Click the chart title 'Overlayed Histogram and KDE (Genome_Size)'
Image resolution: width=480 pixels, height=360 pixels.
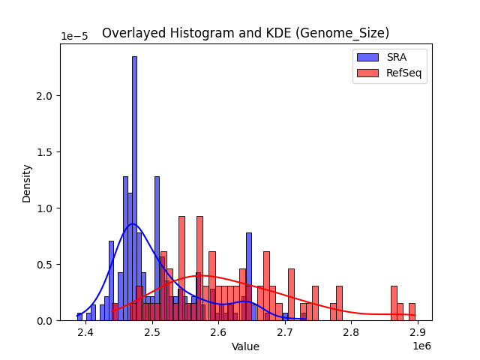click(245, 33)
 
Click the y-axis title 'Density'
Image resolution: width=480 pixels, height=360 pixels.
click(27, 182)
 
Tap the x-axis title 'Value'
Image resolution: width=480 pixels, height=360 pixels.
click(245, 347)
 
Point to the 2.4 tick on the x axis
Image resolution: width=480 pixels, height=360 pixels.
click(85, 332)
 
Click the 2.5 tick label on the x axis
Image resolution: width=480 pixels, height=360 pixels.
click(152, 332)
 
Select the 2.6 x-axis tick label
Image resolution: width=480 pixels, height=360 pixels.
click(218, 332)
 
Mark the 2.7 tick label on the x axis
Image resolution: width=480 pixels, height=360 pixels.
click(285, 332)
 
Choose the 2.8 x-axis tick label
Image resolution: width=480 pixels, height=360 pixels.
click(351, 332)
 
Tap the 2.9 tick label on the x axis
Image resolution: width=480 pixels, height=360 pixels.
click(418, 332)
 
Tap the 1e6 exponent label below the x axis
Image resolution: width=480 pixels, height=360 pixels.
click(421, 346)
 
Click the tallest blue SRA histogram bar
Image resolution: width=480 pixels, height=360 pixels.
click(134, 187)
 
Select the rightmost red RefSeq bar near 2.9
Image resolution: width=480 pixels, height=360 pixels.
click(412, 312)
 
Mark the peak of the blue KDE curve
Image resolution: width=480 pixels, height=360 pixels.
click(132, 223)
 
